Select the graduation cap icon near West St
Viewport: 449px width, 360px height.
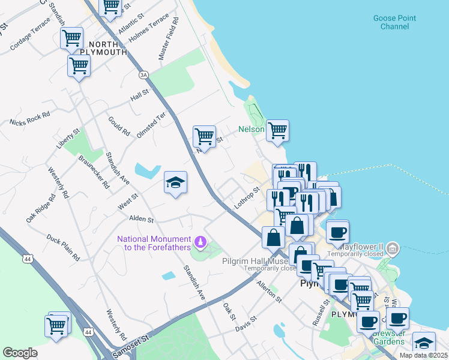pyautogui.click(x=175, y=182)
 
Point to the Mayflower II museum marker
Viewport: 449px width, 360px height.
pyautogui.click(x=392, y=247)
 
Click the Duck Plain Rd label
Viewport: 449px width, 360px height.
pyautogui.click(x=63, y=247)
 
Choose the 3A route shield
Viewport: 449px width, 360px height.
pyautogui.click(x=143, y=75)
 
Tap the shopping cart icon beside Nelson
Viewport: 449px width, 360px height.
pyautogui.click(x=277, y=130)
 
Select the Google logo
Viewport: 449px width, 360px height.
pyautogui.click(x=20, y=353)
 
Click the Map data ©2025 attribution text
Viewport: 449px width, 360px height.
pyautogui.click(x=423, y=355)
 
